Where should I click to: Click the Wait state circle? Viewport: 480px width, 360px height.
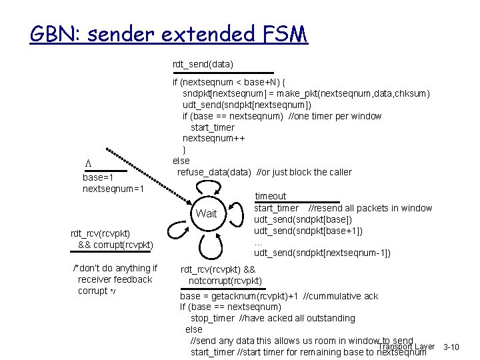207,214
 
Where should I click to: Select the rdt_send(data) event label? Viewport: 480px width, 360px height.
203,64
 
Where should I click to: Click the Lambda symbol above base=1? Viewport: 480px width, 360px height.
86,165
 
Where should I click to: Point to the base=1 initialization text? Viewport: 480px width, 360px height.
98,178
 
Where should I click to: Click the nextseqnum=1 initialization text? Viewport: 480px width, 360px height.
113,189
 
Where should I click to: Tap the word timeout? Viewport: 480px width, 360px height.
270,196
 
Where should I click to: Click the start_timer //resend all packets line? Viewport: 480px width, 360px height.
343,208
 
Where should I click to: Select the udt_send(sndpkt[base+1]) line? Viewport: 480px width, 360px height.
308,231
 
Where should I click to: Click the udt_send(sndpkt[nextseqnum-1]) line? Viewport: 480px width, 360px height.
322,253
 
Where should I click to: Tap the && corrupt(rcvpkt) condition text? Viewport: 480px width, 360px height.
115,245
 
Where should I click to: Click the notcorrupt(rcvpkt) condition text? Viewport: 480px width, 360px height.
225,281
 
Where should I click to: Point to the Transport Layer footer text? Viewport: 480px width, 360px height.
406,347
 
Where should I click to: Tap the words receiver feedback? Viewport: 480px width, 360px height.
115,279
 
